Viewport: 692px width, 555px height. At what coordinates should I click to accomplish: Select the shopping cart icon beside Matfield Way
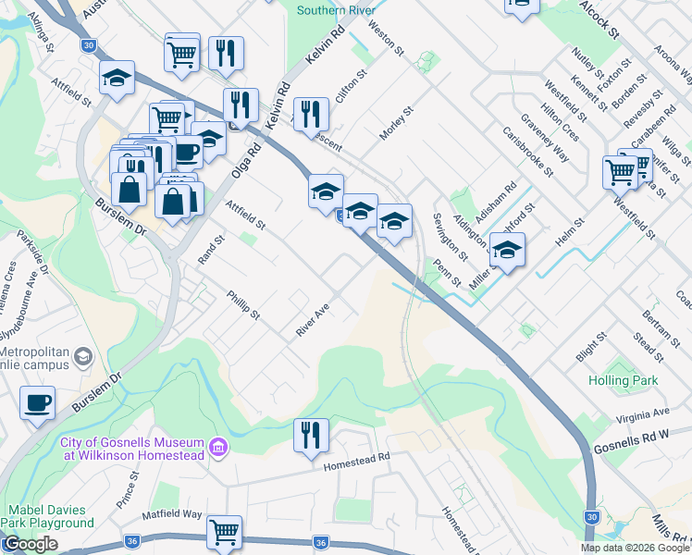coord(224,532)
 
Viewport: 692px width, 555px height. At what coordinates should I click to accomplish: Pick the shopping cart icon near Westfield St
coord(619,171)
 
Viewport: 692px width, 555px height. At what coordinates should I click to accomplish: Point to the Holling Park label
coord(624,380)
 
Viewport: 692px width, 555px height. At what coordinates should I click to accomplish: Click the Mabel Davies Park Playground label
coord(48,516)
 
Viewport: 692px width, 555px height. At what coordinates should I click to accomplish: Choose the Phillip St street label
coord(243,305)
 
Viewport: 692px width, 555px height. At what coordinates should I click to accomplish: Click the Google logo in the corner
coord(30,545)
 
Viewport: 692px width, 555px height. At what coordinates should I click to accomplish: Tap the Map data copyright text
coord(636,548)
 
